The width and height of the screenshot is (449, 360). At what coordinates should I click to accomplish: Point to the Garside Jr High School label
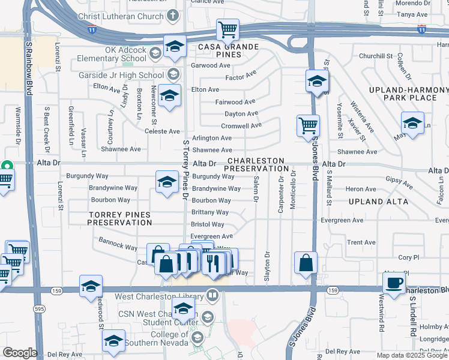[x=121, y=75]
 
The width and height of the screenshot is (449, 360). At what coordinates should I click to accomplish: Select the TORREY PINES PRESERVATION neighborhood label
[x=119, y=218]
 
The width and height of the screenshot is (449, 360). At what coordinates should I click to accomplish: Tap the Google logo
[x=19, y=353]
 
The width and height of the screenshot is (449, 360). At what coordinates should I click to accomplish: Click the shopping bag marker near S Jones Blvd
[x=306, y=262]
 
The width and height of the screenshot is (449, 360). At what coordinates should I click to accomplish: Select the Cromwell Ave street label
[x=241, y=126]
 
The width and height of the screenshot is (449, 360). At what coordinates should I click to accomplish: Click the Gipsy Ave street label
[x=397, y=179]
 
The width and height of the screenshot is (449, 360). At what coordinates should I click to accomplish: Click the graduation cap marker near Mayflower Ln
[x=412, y=124]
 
